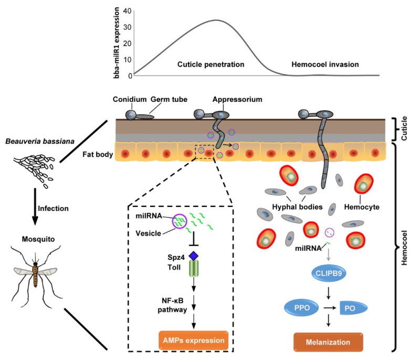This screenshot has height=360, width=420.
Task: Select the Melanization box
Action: click(x=328, y=342)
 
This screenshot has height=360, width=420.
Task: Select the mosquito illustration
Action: click(x=35, y=273)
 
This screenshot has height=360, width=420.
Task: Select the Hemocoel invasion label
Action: click(x=325, y=65)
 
